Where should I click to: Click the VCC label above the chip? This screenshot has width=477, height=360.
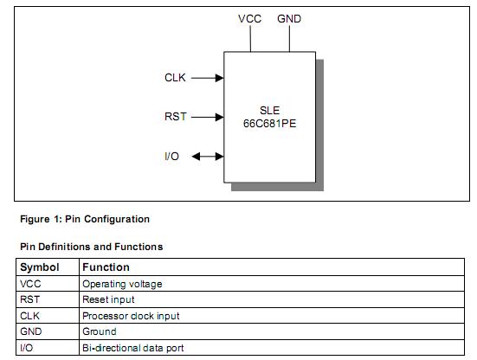pos(249,19)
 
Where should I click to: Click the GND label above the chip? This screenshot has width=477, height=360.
pos(289,19)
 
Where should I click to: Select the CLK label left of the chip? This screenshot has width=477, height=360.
pos(175,78)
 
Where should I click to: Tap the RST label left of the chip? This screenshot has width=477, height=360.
pos(175,117)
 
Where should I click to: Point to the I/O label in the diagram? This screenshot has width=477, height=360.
pos(172,157)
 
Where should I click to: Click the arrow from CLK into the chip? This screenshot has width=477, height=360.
pos(207,78)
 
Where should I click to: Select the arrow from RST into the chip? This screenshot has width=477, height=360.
pos(207,117)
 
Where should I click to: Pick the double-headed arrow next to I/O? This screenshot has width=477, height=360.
pos(207,157)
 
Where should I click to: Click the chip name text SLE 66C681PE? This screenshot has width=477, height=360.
pos(270,117)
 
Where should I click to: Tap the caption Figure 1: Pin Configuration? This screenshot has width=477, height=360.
pos(85,219)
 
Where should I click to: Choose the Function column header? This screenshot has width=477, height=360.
pos(106,267)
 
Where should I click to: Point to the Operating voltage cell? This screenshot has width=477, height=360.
pos(122,284)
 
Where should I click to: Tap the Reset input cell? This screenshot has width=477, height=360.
pos(108,299)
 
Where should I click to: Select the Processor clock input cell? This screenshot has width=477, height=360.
pos(131,316)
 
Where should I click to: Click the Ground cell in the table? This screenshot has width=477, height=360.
pos(99,331)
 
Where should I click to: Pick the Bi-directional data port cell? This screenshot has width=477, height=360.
pos(132,348)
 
